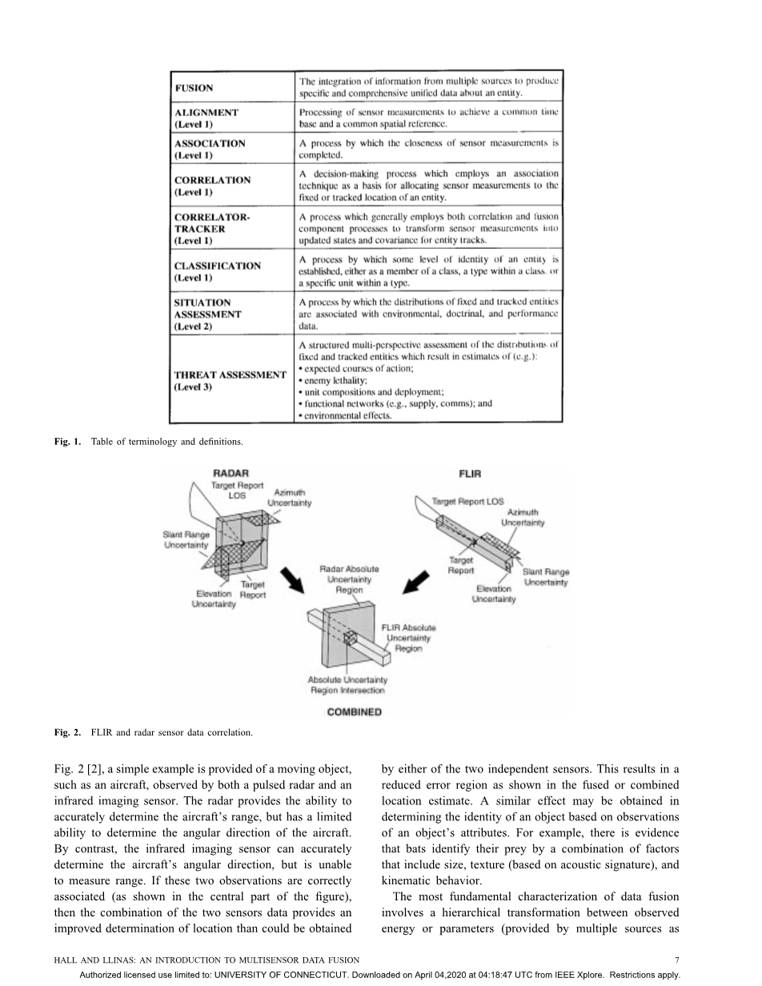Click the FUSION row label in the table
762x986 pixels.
click(x=194, y=88)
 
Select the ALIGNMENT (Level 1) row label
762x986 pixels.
click(x=207, y=118)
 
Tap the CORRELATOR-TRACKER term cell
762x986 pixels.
click(x=211, y=228)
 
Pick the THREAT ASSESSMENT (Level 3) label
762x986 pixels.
click(x=230, y=381)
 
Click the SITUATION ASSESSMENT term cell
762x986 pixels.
click(x=207, y=315)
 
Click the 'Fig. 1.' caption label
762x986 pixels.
click(x=67, y=442)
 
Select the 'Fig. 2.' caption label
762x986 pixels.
click(x=67, y=731)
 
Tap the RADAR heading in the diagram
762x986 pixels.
click(x=230, y=474)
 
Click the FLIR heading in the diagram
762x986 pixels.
click(x=470, y=474)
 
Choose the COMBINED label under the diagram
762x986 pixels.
click(x=354, y=711)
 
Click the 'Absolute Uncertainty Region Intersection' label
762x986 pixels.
click(x=347, y=685)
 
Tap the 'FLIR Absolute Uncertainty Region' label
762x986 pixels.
click(x=408, y=639)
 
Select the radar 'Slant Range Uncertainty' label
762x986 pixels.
click(x=186, y=540)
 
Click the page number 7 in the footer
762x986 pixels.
click(x=677, y=959)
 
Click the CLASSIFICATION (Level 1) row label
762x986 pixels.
click(x=217, y=271)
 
